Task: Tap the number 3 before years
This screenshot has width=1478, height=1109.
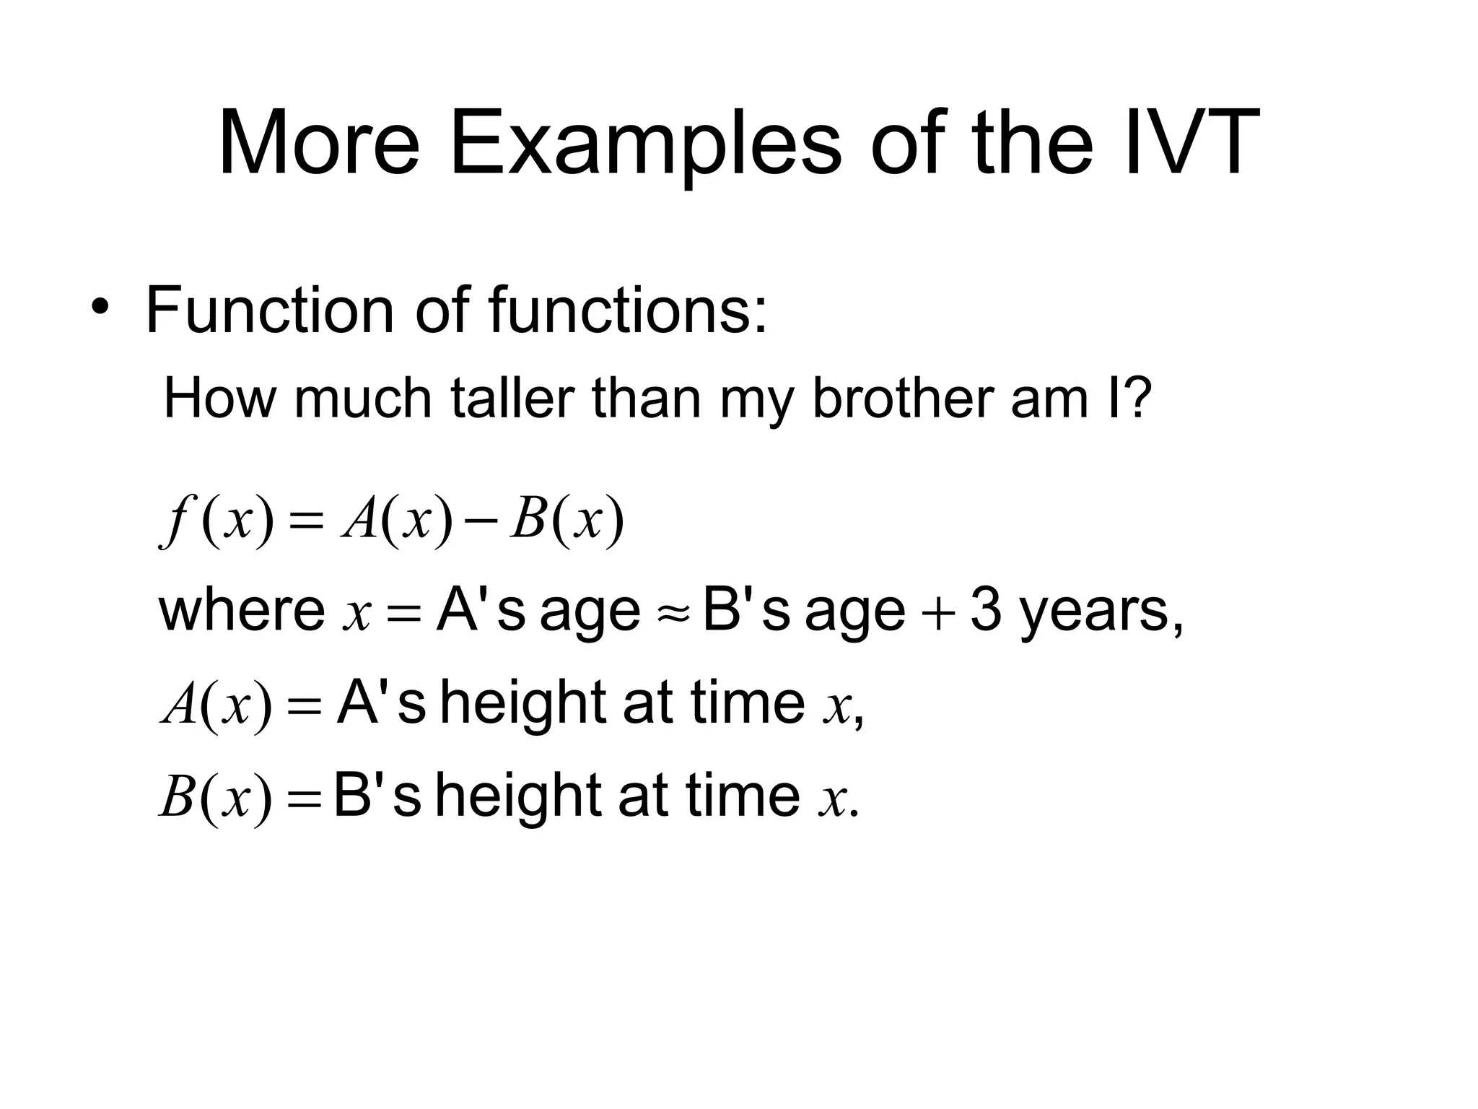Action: tap(986, 609)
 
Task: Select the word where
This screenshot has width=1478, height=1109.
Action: tap(242, 609)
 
